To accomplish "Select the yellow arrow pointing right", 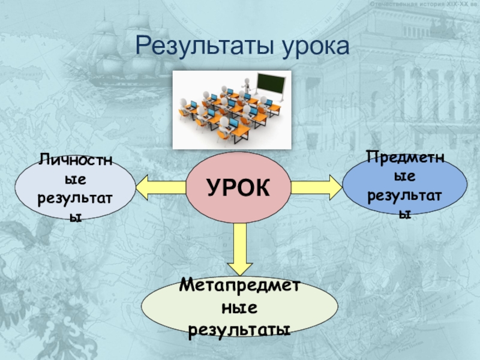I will pyautogui.click(x=316, y=186).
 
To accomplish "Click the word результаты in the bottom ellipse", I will pyautogui.click(x=239, y=329).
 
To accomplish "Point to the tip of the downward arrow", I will pyautogui.click(x=241, y=274).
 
